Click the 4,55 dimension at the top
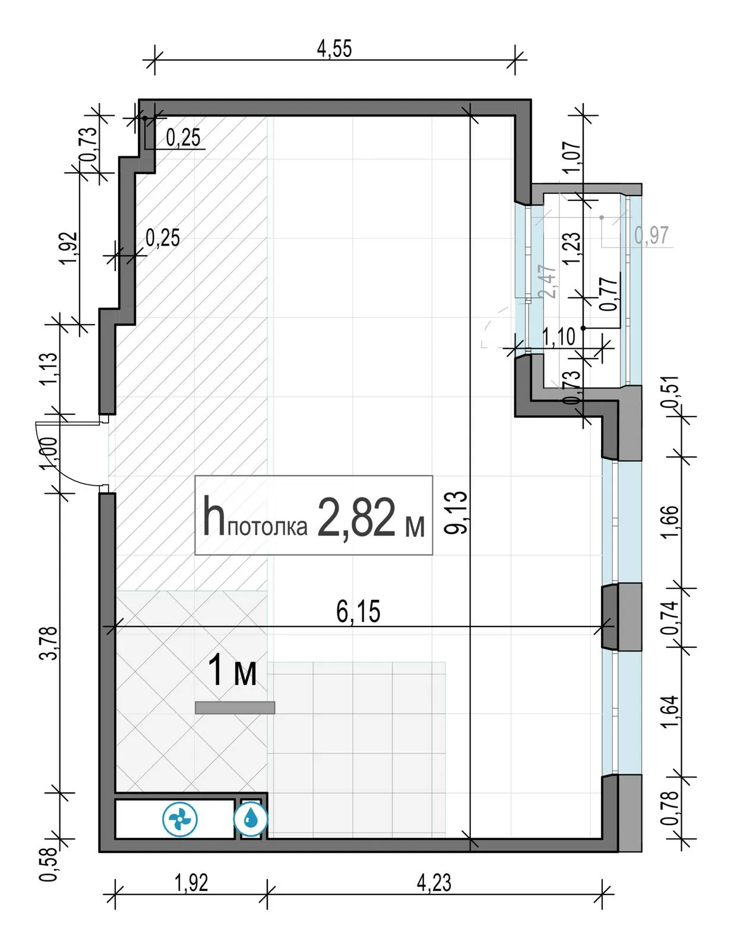click(x=334, y=49)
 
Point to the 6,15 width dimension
click(x=358, y=612)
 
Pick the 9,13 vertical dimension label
click(x=456, y=512)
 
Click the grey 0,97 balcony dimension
click(x=652, y=235)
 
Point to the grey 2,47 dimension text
click(x=549, y=282)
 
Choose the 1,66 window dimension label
click(x=671, y=522)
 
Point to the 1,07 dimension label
click(x=573, y=157)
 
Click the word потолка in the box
click(x=267, y=528)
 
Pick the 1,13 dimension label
click(x=49, y=369)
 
